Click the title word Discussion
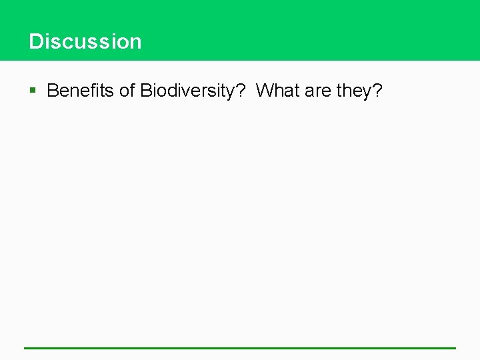tap(85, 41)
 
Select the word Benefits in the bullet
tap(81, 91)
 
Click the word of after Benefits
tap(127, 91)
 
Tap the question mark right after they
tap(378, 91)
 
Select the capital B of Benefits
tap(53, 91)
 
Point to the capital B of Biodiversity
tap(146, 91)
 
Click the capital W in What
tap(265, 91)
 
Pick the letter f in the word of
tap(133, 91)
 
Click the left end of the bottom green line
tap(26, 348)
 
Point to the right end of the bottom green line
tap(454, 348)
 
